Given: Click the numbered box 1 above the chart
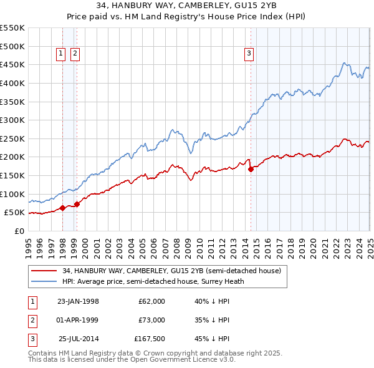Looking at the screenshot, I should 62,54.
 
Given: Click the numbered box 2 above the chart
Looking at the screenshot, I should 75,54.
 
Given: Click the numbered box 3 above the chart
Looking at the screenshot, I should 249,54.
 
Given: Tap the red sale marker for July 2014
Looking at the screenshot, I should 251,168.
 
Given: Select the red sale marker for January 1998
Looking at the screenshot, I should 63,208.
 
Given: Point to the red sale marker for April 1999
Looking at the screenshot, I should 77,204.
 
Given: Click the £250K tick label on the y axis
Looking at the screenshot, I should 12,138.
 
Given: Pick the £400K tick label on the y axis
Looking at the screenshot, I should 12,83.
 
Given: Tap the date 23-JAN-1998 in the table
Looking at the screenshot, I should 78,301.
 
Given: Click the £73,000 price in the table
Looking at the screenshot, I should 151,320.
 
